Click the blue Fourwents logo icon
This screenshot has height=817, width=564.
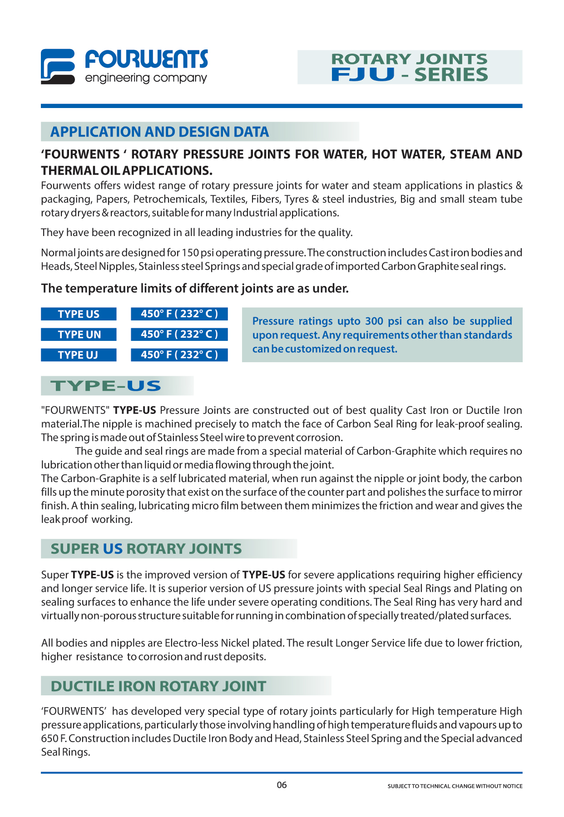tap(58, 66)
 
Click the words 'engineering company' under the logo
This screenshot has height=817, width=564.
tap(146, 78)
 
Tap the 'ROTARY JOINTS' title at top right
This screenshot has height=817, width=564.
tap(409, 59)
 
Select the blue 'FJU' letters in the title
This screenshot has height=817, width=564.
tap(362, 74)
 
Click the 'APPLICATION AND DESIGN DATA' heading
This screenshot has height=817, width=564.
tap(159, 132)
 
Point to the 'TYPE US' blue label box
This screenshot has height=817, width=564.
tap(79, 314)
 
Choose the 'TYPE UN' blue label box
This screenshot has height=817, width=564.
tap(79, 335)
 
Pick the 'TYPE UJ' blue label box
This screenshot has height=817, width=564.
tap(79, 355)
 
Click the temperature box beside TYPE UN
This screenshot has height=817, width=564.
tap(179, 335)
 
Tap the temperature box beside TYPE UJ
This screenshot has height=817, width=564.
tap(179, 355)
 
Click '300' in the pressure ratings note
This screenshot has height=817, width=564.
tap(374, 321)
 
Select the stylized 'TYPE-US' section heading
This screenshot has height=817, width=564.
tap(106, 386)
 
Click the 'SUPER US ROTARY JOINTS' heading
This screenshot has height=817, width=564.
tap(146, 549)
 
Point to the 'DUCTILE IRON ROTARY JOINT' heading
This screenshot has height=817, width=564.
tap(158, 686)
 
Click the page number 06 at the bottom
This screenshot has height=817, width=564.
tap(282, 785)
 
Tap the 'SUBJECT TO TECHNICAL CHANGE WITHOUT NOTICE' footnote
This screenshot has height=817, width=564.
tap(455, 786)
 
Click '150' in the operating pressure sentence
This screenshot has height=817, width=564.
tap(190, 253)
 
